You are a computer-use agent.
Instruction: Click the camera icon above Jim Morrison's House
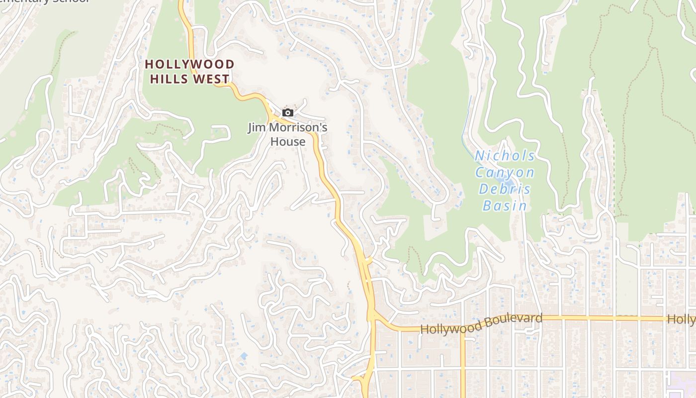[287, 113]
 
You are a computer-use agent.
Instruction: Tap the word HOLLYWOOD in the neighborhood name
[189, 64]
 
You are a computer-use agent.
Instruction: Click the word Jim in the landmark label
[257, 128]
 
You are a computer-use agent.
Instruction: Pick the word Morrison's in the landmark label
[298, 128]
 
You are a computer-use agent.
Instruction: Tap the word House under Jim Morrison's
[288, 142]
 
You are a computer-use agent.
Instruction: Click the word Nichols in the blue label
[505, 156]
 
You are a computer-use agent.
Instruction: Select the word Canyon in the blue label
[505, 173]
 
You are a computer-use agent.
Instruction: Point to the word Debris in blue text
[505, 189]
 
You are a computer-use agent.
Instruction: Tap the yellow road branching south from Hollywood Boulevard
[463, 363]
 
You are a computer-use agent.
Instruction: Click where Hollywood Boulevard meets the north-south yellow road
[372, 316]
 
